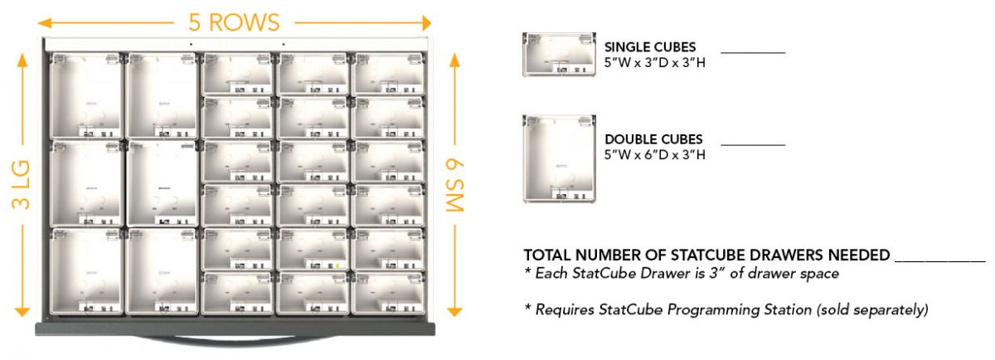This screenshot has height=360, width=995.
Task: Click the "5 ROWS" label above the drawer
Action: (x=234, y=22)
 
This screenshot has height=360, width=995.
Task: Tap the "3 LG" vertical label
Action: (x=21, y=185)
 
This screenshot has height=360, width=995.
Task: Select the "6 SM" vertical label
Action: (x=454, y=185)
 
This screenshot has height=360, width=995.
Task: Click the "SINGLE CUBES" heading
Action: (x=649, y=47)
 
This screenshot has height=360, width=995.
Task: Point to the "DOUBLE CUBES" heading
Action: (x=653, y=139)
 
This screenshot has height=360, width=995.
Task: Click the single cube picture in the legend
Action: (x=559, y=54)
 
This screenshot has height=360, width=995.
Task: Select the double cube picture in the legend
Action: (x=559, y=158)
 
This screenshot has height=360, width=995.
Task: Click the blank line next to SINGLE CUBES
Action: (x=753, y=53)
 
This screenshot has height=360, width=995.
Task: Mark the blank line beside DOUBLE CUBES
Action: (x=753, y=145)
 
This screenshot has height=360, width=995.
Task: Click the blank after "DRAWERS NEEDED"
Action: (x=940, y=262)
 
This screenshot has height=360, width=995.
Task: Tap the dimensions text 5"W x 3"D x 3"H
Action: (x=654, y=63)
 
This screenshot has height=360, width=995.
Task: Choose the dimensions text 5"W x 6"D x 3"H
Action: (x=654, y=154)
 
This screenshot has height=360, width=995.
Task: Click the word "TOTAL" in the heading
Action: (x=546, y=255)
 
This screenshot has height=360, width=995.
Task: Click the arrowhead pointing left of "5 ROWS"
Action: (x=45, y=22)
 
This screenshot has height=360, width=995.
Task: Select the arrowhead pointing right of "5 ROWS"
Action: (x=426, y=22)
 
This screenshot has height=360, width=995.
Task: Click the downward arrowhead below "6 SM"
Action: (x=454, y=312)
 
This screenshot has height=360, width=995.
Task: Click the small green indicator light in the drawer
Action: (x=337, y=265)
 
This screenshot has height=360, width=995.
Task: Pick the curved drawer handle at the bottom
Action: (x=235, y=339)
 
